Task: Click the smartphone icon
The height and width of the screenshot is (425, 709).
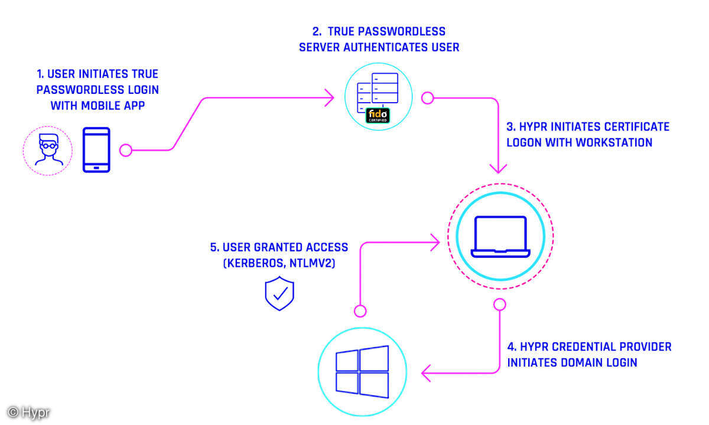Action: click(x=96, y=150)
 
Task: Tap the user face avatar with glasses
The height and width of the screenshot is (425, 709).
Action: click(x=47, y=151)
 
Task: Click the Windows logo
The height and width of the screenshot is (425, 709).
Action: click(x=362, y=370)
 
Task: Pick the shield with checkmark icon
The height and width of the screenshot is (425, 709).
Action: click(x=279, y=294)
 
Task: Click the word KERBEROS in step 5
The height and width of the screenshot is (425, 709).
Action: click(x=254, y=264)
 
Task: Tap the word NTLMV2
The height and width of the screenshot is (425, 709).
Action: click(x=310, y=264)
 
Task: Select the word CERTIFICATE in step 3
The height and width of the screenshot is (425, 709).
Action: click(x=635, y=127)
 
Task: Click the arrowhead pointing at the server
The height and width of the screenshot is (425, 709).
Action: click(x=329, y=98)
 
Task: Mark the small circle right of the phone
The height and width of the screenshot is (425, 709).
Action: click(x=126, y=150)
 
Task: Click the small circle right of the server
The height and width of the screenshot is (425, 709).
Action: click(x=427, y=98)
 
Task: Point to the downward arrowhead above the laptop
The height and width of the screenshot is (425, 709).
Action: click(x=499, y=168)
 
